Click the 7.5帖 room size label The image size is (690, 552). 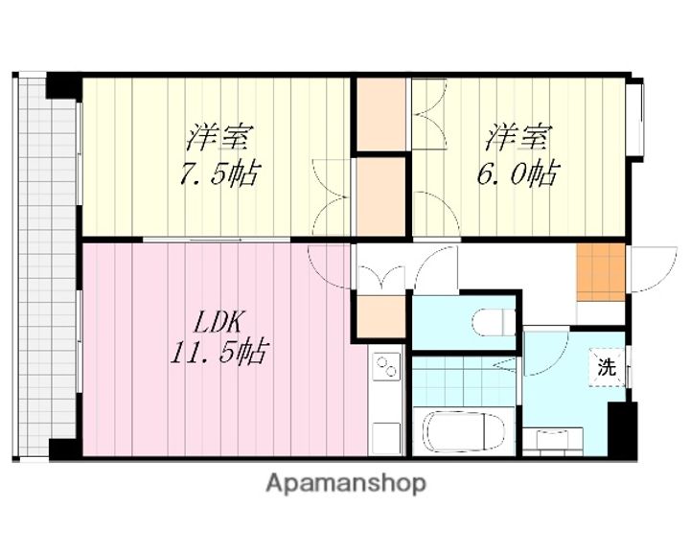(x=219, y=173)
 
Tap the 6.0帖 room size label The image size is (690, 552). (x=517, y=173)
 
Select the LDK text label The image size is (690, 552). (x=218, y=322)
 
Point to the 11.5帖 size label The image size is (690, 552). (x=218, y=351)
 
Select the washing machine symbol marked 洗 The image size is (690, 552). (x=607, y=368)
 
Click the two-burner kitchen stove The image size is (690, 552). (x=386, y=367)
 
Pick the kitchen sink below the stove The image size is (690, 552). (x=386, y=438)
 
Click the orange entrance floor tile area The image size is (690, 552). (x=601, y=272)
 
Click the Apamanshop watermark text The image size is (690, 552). (x=346, y=484)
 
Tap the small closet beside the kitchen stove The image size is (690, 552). (x=380, y=316)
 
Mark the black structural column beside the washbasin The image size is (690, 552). (x=622, y=429)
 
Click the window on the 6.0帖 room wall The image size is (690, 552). (x=636, y=117)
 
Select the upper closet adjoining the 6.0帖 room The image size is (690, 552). (x=380, y=114)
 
